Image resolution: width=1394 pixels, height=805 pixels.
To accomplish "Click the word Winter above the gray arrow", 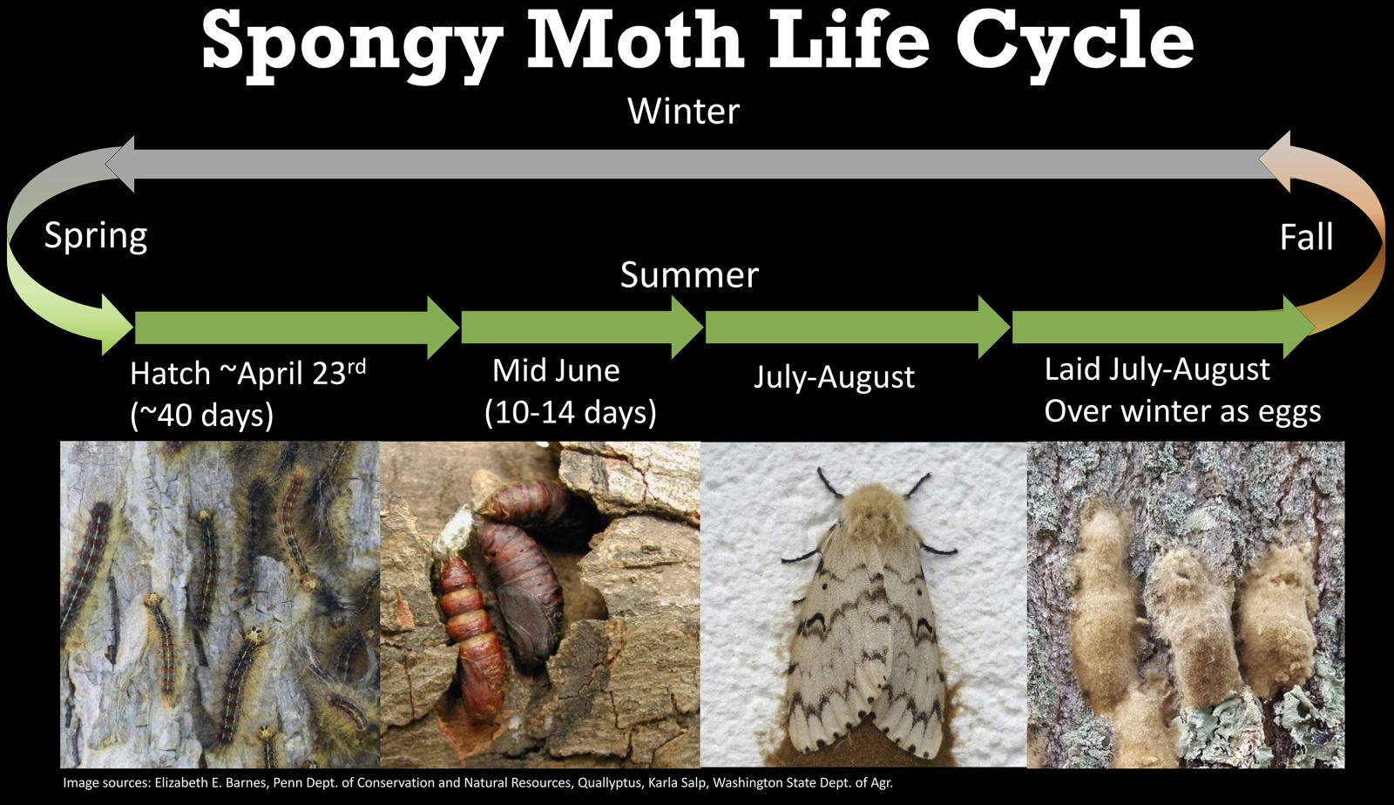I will [683, 112].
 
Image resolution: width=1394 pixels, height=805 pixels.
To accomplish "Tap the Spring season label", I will [96, 236].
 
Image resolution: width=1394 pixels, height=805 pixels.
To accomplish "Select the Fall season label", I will [1306, 237].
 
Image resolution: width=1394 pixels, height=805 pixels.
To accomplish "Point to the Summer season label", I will [689, 275].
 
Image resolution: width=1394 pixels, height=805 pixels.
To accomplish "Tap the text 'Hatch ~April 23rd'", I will [247, 373].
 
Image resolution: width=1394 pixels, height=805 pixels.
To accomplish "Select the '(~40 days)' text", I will [201, 415].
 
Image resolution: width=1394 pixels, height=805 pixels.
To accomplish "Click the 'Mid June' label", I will [556, 371].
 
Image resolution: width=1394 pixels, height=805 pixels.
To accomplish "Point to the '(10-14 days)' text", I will [571, 411].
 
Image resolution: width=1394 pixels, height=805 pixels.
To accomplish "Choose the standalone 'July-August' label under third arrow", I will [834, 377].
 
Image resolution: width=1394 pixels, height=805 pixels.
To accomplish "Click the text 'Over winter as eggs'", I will [1182, 410].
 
